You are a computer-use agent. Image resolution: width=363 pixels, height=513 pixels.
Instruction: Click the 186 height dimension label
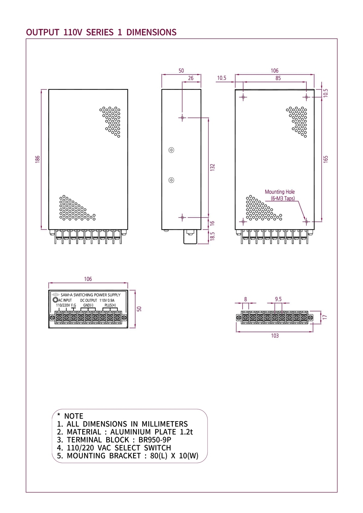point(38,159)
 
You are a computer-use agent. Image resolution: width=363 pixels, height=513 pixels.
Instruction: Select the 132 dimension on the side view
point(212,167)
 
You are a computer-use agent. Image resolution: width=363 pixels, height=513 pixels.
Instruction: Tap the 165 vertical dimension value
point(325,159)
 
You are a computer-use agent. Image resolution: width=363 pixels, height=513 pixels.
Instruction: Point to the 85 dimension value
point(278,78)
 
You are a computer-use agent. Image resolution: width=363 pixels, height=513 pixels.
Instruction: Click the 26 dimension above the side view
point(191,78)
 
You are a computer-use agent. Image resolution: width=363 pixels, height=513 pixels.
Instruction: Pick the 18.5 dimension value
point(212,236)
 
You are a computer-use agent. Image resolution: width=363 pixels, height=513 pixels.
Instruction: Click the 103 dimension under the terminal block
point(275,336)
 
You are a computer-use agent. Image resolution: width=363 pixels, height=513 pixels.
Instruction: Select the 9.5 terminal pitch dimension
point(278,299)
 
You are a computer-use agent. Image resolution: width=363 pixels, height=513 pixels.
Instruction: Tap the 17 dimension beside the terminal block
point(325,317)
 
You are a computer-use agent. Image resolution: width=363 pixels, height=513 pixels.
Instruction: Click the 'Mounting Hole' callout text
point(280,192)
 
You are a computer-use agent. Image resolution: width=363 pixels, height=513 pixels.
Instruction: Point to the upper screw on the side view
point(171,150)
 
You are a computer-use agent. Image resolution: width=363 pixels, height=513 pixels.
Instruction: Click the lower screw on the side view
point(171,180)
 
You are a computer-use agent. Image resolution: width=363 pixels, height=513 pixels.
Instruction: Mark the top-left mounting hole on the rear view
point(243,97)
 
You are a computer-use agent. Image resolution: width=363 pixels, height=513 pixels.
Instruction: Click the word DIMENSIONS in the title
point(151,32)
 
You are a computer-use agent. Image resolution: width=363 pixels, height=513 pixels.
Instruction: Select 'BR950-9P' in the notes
point(155,440)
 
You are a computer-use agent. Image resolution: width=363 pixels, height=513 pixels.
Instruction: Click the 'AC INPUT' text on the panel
point(65,300)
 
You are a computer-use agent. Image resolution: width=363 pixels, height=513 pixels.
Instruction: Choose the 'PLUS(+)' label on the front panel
point(110,305)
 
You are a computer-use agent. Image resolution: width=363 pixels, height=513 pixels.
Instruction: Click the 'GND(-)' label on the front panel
point(88,305)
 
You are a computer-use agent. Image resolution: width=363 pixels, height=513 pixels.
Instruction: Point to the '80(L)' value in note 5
point(159,456)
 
